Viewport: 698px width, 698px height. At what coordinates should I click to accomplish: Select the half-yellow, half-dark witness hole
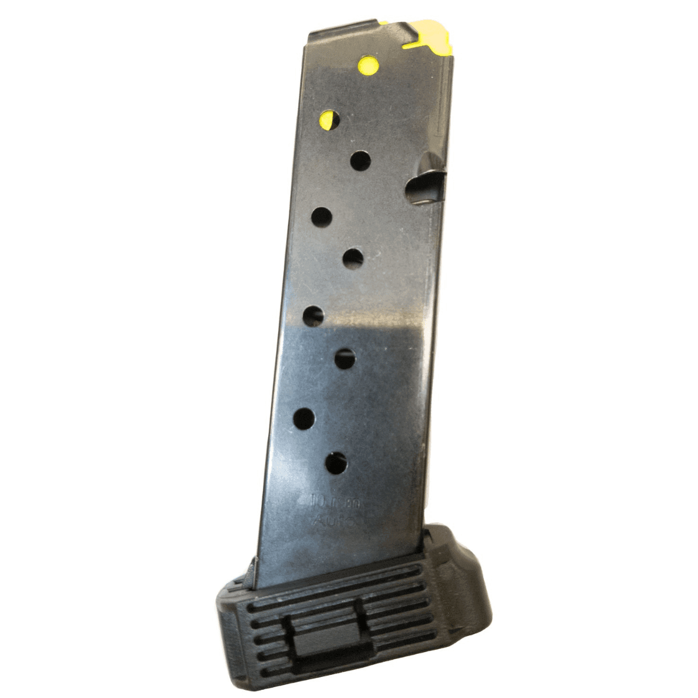click(x=330, y=119)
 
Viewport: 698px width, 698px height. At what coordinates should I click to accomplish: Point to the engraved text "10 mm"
click(x=334, y=501)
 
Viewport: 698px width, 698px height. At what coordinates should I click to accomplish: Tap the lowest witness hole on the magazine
click(x=336, y=463)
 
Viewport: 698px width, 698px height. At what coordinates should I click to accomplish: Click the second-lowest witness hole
click(x=304, y=418)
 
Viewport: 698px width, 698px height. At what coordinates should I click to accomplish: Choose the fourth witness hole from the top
click(x=321, y=217)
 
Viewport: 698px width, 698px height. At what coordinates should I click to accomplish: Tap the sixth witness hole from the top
click(x=313, y=316)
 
